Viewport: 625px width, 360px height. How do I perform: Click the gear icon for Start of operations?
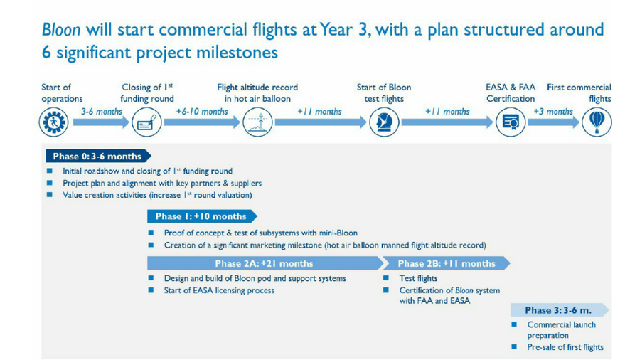(x=53, y=122)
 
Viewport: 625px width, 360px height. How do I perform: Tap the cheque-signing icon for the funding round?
(x=146, y=122)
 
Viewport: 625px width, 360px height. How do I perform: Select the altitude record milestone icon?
(x=257, y=122)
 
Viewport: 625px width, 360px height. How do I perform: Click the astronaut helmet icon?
(x=384, y=122)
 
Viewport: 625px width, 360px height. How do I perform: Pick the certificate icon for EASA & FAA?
(x=511, y=122)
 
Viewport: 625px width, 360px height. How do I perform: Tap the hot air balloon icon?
(x=597, y=122)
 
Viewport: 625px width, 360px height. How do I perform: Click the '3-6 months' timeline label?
(x=102, y=112)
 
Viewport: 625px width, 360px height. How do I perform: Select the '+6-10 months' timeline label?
(x=202, y=112)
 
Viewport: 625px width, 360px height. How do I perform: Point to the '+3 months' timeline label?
(x=553, y=112)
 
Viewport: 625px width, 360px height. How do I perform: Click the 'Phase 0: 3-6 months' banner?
(x=98, y=157)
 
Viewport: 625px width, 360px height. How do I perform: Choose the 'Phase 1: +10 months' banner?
(x=202, y=216)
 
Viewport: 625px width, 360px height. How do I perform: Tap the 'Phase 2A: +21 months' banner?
(x=265, y=263)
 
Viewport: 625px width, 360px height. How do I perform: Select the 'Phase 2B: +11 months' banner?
(x=447, y=263)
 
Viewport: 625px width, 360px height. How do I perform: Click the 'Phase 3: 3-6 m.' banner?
(x=560, y=310)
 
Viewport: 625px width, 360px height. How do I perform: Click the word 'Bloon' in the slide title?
(x=61, y=29)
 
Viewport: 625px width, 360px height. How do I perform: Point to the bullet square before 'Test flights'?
(x=386, y=278)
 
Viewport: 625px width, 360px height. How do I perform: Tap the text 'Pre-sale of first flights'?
(x=565, y=347)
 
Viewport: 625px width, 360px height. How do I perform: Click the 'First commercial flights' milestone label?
(x=579, y=93)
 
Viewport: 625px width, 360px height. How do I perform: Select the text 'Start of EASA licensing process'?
(x=219, y=290)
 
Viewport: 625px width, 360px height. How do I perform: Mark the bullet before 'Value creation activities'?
(x=50, y=195)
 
